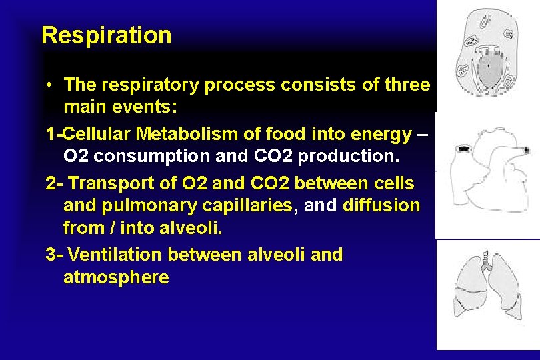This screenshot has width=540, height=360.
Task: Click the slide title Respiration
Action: [x=106, y=35]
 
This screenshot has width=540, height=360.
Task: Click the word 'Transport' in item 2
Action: [x=108, y=183]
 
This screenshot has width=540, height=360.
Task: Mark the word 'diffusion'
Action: [x=381, y=206]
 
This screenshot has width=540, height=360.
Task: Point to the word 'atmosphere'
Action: [x=116, y=277]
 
